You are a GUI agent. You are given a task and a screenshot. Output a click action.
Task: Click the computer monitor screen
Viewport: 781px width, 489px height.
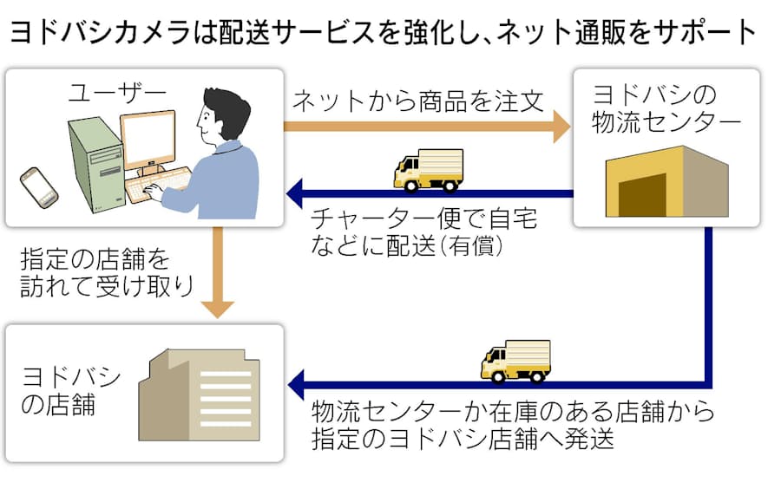coord(148,140)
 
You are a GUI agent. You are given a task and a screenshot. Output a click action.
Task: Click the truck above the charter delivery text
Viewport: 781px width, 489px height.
coord(429,170)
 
